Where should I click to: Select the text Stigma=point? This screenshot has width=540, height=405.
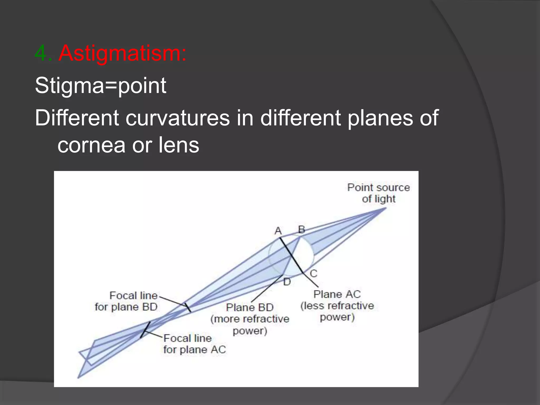[100, 85]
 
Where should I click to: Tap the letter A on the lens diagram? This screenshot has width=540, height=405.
[278, 231]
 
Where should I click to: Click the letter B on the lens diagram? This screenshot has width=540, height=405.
[301, 229]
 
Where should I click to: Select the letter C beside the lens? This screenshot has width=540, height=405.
[313, 274]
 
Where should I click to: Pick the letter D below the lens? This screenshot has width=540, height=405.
[287, 282]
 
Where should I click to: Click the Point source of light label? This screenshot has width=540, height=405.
[378, 193]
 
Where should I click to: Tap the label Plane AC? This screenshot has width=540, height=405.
[337, 294]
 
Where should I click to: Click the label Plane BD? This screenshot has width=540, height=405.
[250, 307]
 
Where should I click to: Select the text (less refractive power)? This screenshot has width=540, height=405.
[337, 311]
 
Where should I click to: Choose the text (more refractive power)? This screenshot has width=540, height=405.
[250, 325]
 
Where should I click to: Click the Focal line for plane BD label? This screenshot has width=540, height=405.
[126, 301]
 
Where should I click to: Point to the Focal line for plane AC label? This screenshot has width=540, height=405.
[194, 344]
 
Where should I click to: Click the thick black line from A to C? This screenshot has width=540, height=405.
[291, 255]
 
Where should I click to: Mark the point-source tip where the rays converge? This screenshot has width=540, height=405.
[385, 208]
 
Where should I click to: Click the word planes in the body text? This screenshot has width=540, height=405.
[379, 118]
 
